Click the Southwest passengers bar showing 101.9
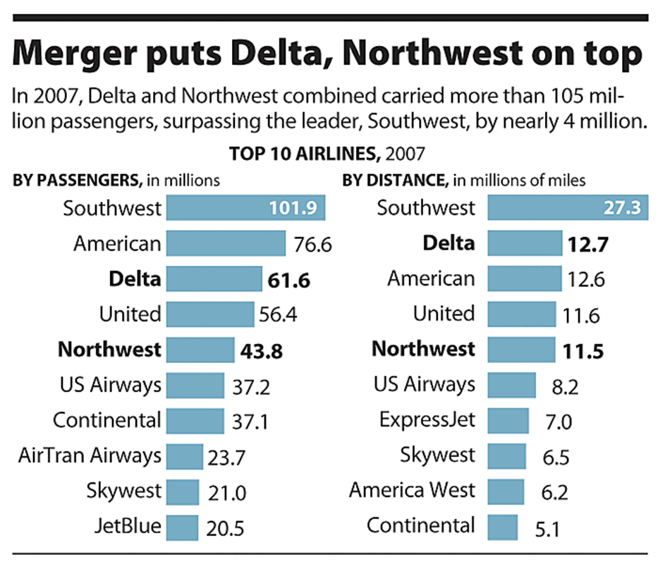[x=245, y=209]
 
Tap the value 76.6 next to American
[x=311, y=245]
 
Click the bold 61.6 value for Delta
[x=289, y=281]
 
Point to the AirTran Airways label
[x=90, y=455]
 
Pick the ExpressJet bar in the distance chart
[x=508, y=421]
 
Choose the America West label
[x=412, y=489]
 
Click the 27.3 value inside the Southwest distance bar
[x=622, y=209]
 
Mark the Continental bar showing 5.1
[x=502, y=526]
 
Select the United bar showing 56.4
[x=209, y=314]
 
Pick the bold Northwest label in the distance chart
[x=423, y=349]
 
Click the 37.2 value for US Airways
[x=251, y=386]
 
